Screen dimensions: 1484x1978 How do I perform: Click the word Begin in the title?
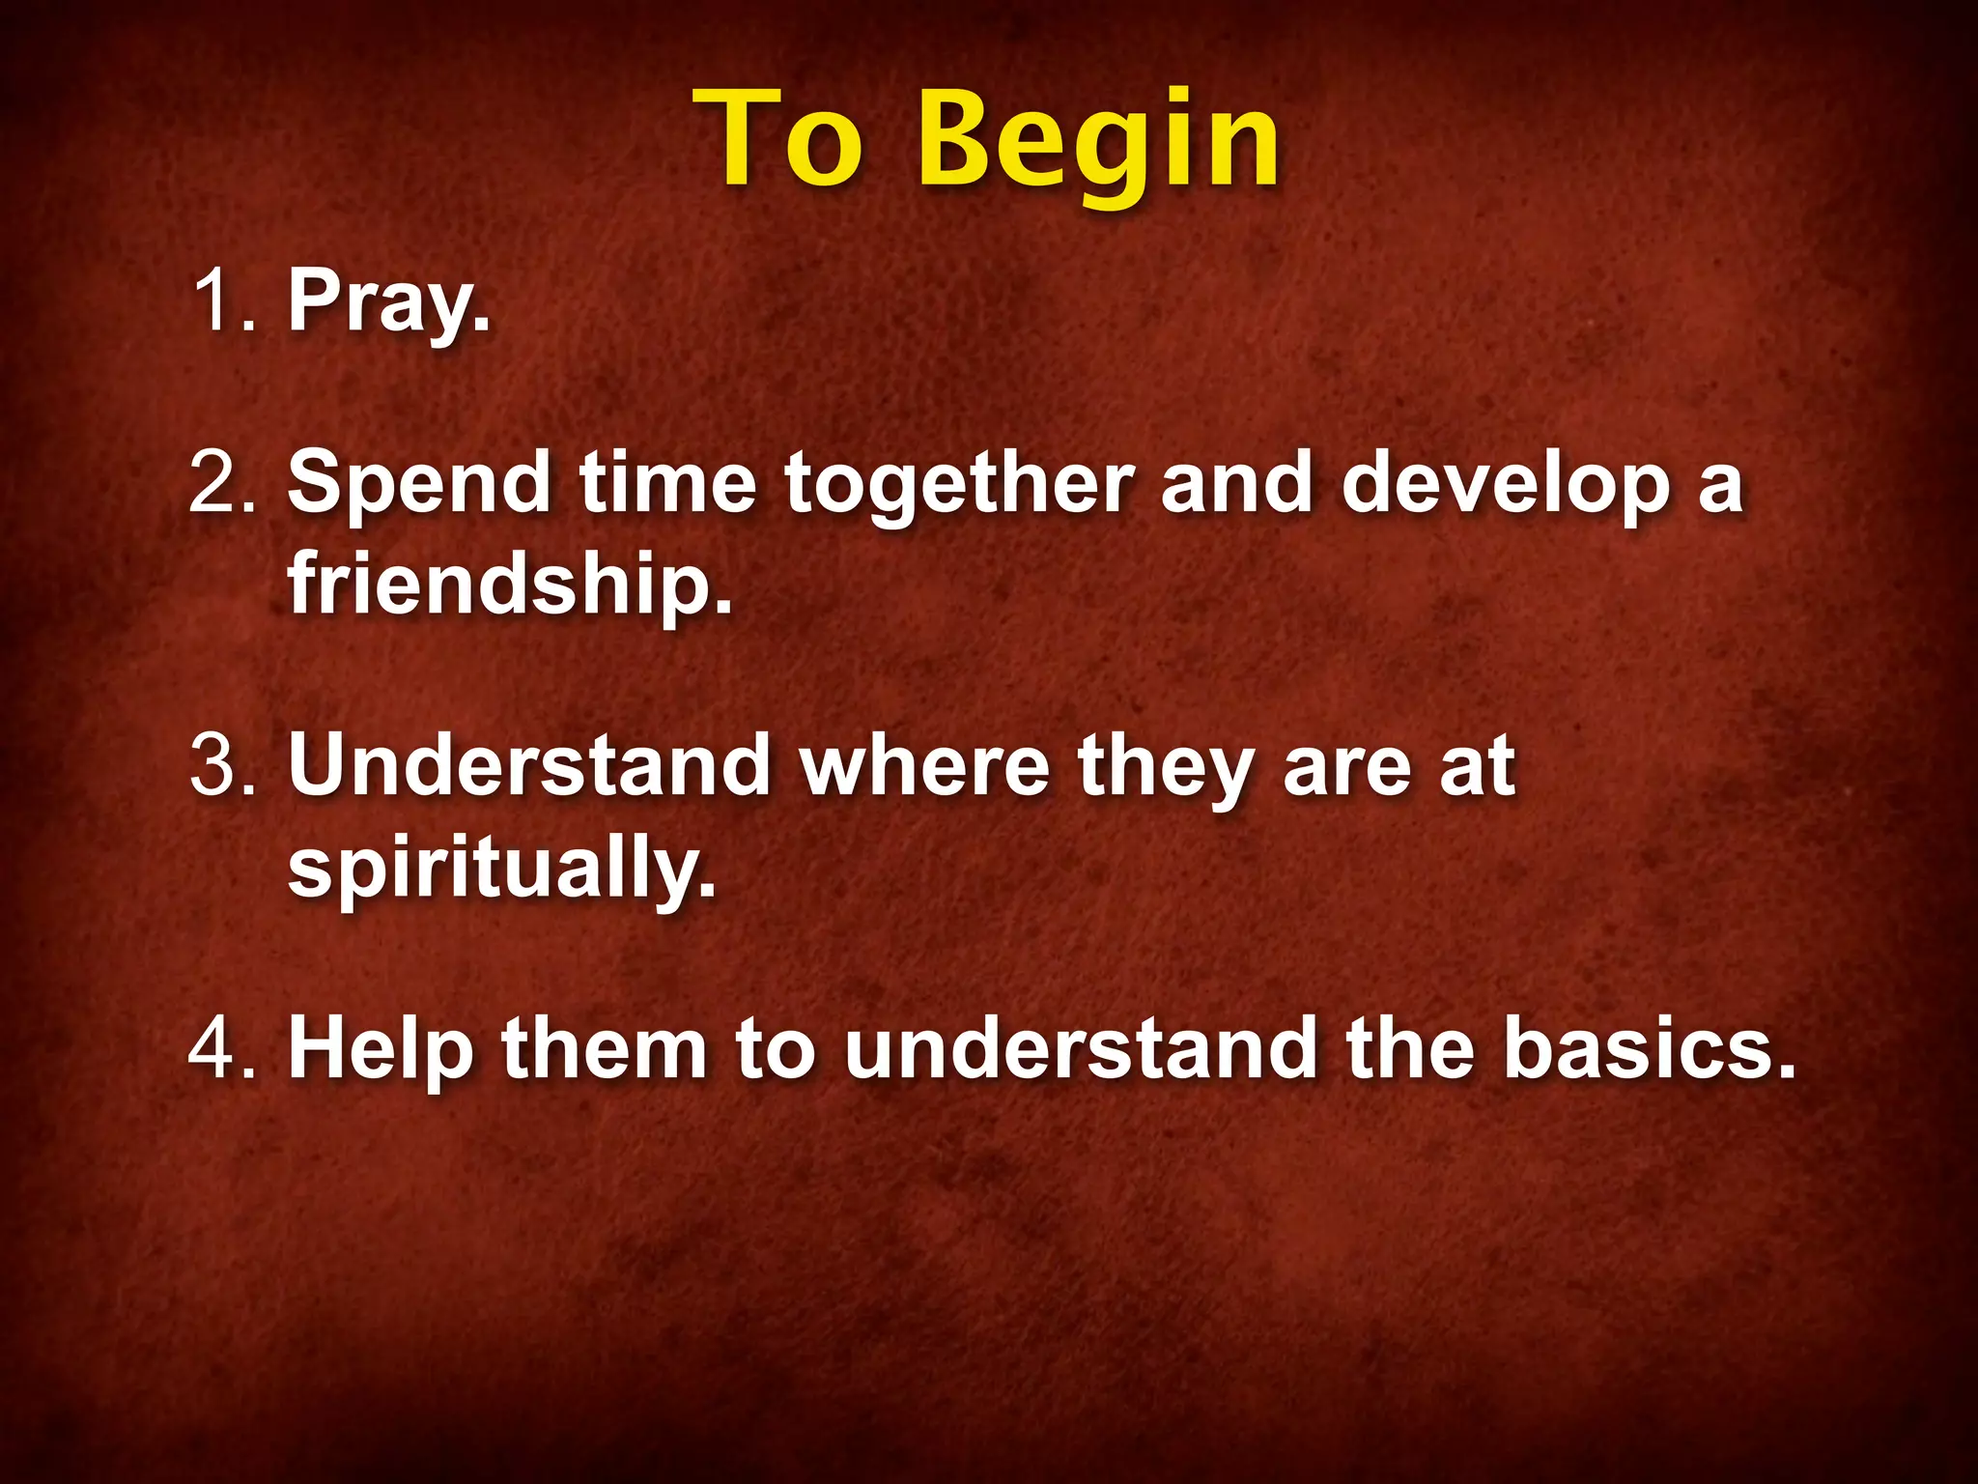click(x=1098, y=142)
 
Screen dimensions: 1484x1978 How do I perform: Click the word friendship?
click(x=510, y=585)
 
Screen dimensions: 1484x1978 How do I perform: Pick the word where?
click(x=924, y=765)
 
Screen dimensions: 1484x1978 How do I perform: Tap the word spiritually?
click(x=502, y=867)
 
